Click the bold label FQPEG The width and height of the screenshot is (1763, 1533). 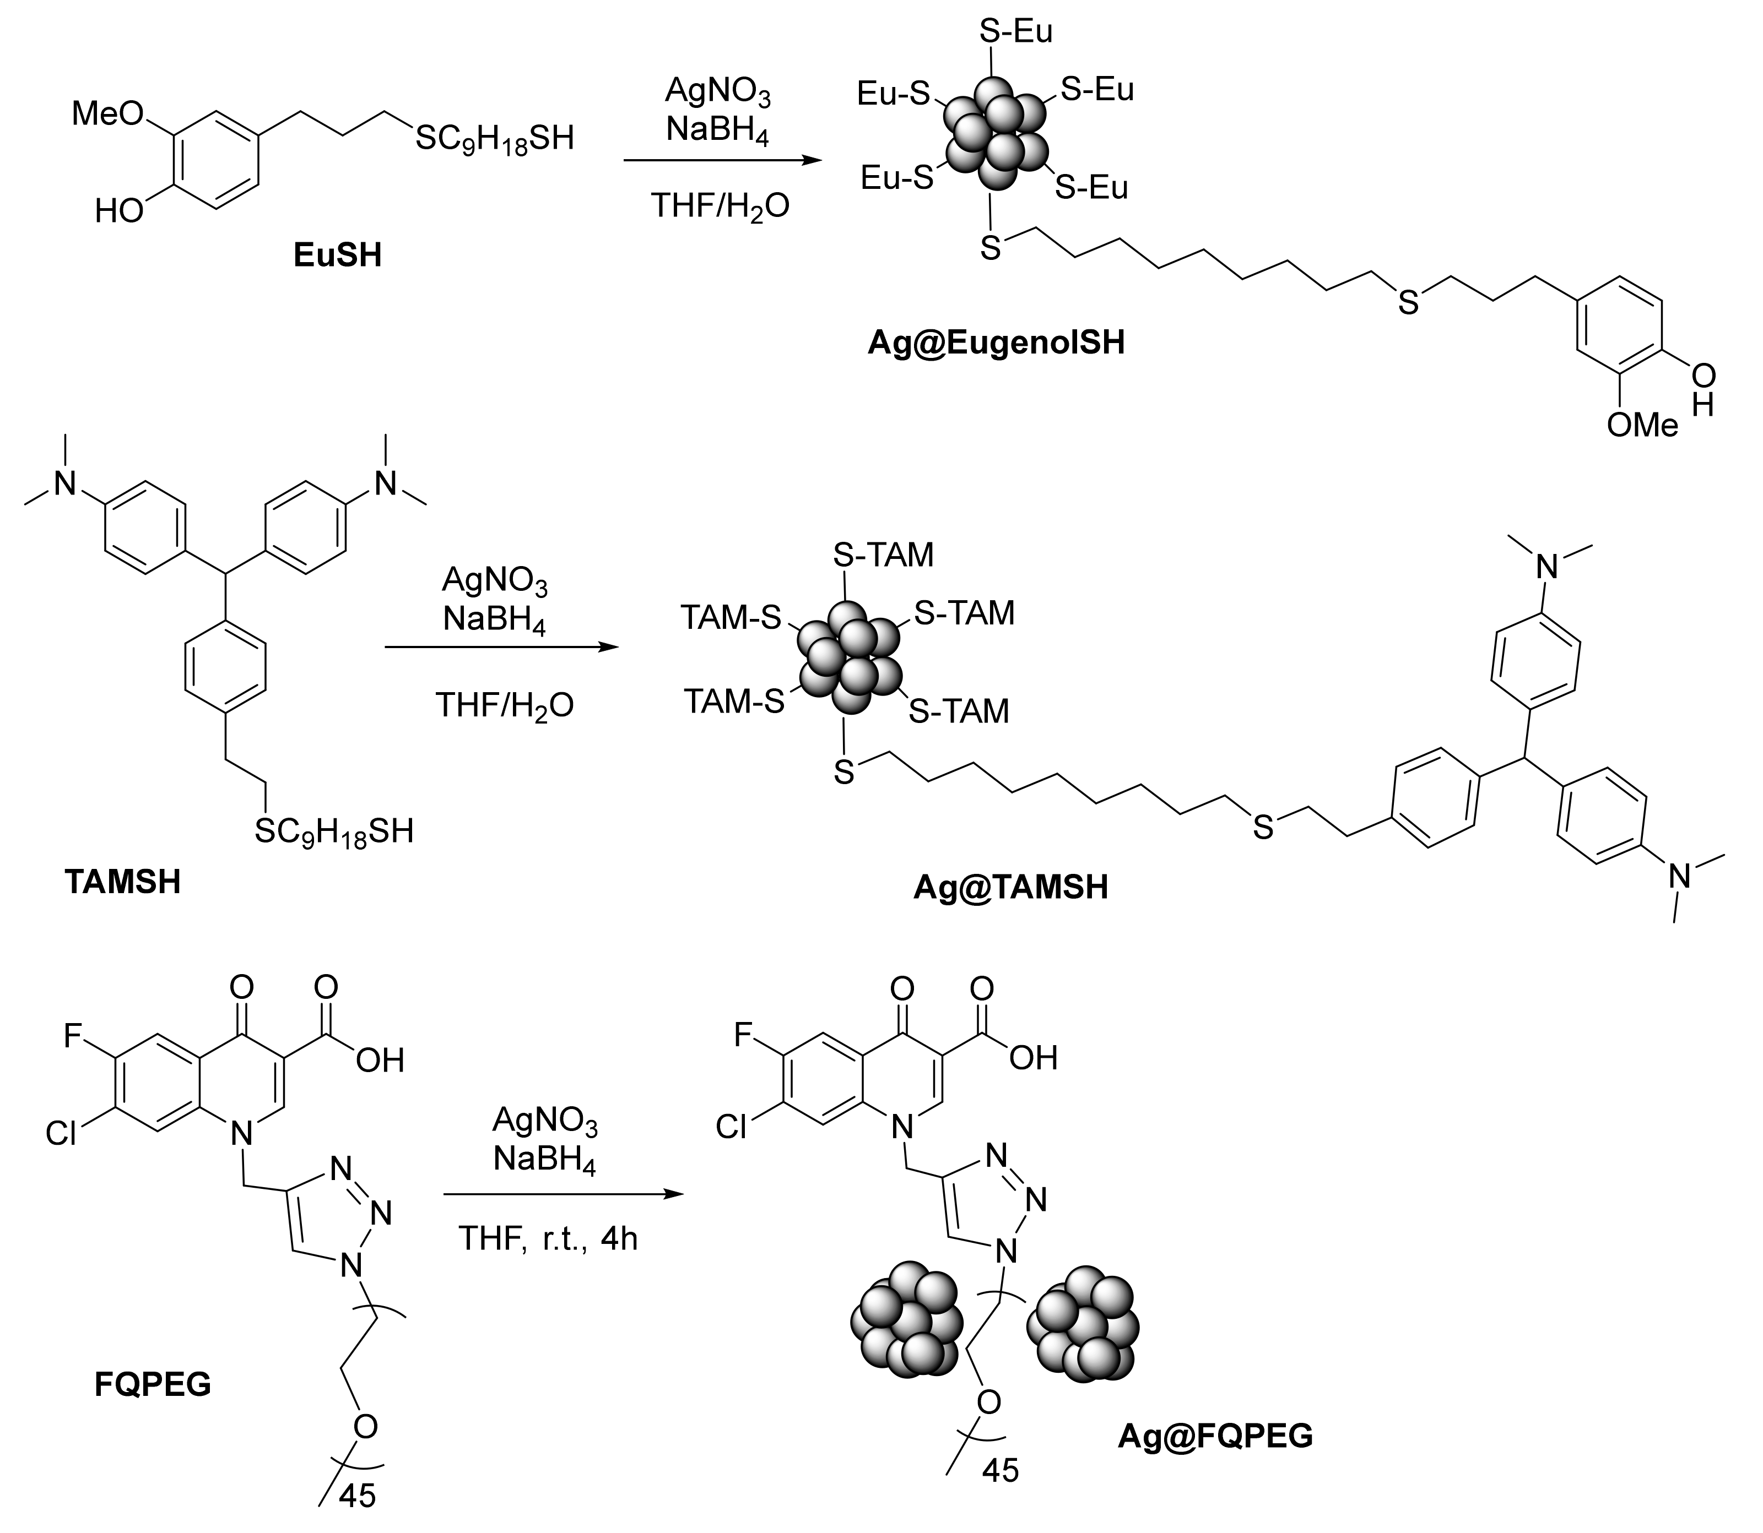click(153, 1383)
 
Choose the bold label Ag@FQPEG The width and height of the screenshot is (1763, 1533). click(1215, 1436)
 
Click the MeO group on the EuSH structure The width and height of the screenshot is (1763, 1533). click(107, 113)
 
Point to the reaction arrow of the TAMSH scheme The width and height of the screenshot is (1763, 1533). click(501, 648)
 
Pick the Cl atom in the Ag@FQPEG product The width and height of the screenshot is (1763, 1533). click(731, 1128)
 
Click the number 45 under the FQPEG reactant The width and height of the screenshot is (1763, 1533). click(357, 1496)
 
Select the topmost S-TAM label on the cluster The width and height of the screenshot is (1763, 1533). click(883, 555)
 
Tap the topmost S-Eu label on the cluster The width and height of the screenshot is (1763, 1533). click(1016, 31)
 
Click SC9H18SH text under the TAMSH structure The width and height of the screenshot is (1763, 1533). click(334, 831)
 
